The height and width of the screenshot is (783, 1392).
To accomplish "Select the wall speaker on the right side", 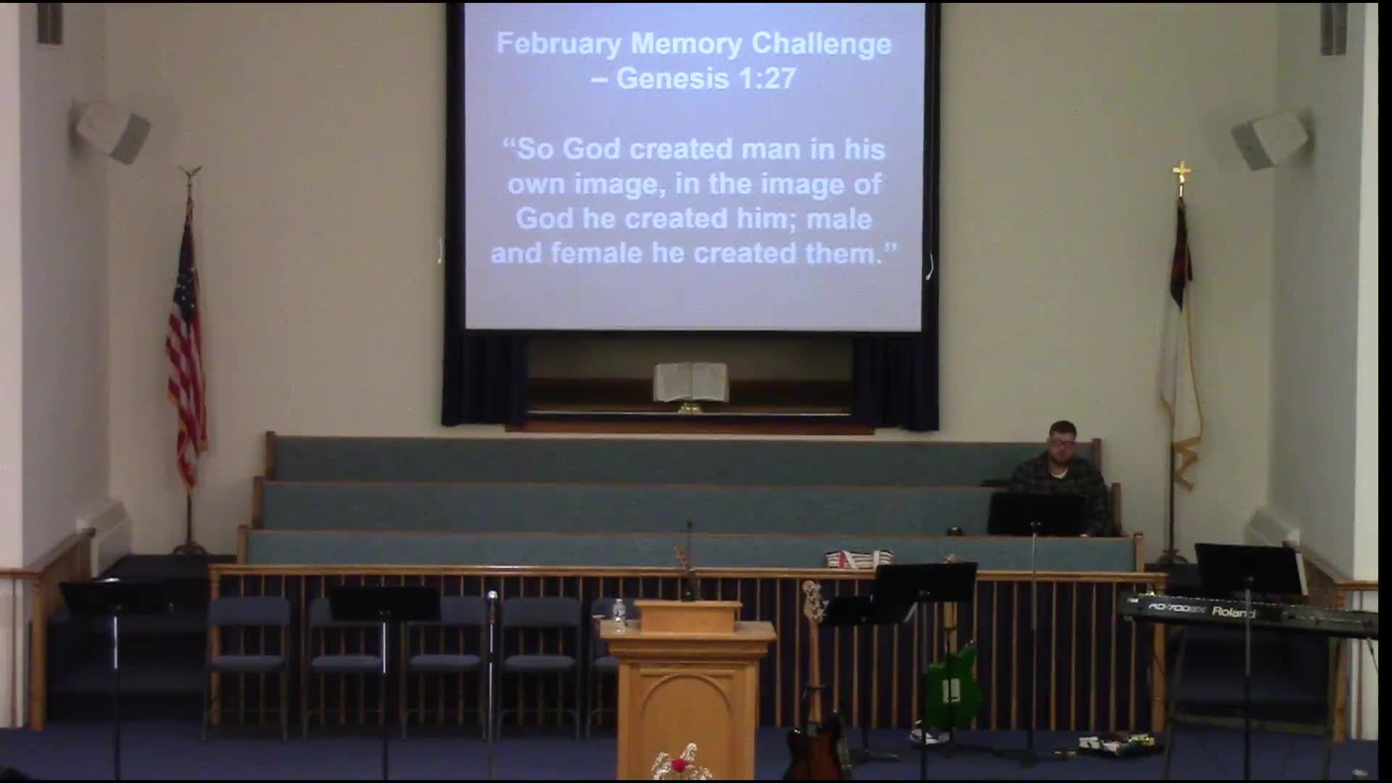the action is click(1271, 139).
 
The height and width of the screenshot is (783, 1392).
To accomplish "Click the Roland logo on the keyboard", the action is click(1233, 613).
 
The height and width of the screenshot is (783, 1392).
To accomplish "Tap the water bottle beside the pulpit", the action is click(618, 614).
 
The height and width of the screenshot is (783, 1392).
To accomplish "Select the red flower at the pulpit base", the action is click(678, 766).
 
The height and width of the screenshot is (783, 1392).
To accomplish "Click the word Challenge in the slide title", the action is click(821, 44).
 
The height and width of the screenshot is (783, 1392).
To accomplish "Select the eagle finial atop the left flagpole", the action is click(191, 174).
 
